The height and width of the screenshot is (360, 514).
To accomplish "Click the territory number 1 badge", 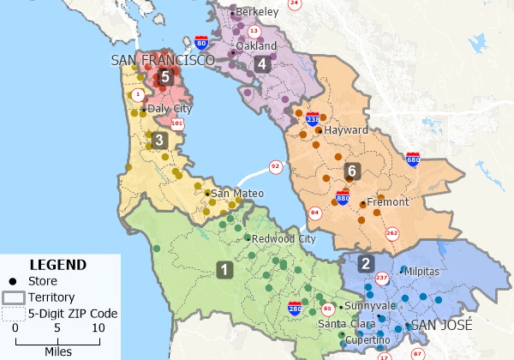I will click(224, 270).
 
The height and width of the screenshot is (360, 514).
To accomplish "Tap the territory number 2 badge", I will click(366, 264).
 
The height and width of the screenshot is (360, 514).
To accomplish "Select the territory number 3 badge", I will click(159, 140).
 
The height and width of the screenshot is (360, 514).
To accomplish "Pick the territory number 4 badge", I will click(262, 63).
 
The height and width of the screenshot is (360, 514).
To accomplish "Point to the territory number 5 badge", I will click(166, 76).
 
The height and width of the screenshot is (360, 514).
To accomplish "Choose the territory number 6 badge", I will click(350, 171).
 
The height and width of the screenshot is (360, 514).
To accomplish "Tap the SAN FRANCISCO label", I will click(162, 60).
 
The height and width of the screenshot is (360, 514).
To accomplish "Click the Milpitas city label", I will click(426, 271).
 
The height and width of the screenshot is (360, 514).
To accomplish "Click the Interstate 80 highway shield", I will click(200, 42).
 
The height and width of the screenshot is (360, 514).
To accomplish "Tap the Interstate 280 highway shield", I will click(295, 305).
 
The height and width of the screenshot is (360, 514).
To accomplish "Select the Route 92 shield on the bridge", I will click(275, 166).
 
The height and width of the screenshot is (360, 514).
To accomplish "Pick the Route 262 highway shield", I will click(392, 233).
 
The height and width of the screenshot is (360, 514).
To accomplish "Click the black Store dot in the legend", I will click(13, 281).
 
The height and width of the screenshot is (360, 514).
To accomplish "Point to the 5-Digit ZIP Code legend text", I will click(73, 313).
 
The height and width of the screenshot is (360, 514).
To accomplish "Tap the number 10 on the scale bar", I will click(98, 327).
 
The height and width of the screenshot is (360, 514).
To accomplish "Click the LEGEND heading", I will click(57, 265).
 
